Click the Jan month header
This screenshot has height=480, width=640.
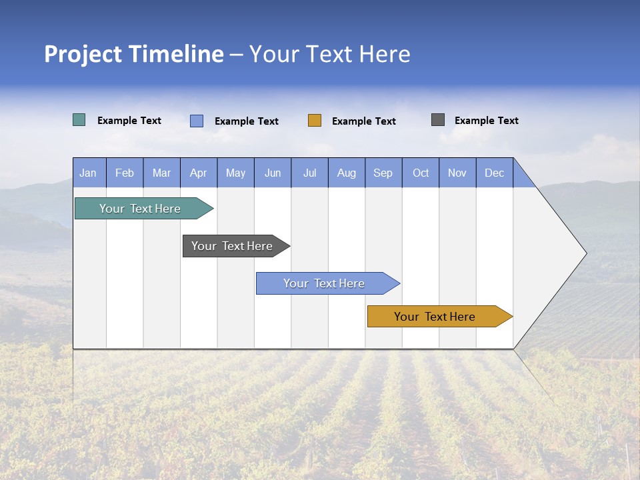click(88, 173)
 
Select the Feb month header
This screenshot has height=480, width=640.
click(125, 173)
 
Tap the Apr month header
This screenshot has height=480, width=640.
click(199, 173)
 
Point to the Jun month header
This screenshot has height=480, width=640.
click(273, 173)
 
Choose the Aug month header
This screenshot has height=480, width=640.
click(347, 173)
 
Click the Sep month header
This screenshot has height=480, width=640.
click(383, 173)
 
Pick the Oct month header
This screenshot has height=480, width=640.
click(421, 173)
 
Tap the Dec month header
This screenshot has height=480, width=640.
click(495, 173)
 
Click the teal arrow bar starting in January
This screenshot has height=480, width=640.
click(140, 209)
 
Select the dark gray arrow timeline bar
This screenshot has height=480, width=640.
click(232, 246)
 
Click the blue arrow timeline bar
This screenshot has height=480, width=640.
click(324, 283)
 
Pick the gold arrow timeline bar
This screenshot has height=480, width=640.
click(435, 317)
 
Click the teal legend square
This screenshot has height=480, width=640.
click(79, 120)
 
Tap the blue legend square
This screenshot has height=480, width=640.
click(197, 121)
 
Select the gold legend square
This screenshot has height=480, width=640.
click(315, 121)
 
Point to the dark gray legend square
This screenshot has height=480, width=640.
click(438, 120)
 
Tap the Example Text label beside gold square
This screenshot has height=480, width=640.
click(364, 121)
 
